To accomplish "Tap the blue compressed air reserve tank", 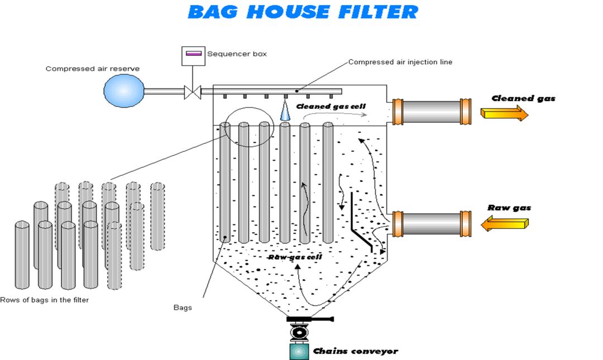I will coord(124,91).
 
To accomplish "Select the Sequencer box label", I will coord(237,54).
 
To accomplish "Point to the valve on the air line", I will coord(193,92).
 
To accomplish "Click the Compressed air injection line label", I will coord(400,62).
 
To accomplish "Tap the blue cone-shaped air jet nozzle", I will coord(285,112).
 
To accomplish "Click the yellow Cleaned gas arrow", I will coord(504,113).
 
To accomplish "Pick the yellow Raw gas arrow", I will coord(504,224).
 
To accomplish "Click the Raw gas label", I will coord(509,208).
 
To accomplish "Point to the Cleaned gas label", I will coord(523,99).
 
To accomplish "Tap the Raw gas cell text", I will coord(295,257).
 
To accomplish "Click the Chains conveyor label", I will coord(355,351).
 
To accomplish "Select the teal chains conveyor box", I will coord(299,351).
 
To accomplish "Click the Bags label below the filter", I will coord(183,308).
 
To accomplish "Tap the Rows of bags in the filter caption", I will coord(45,300).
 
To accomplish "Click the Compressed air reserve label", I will coord(93,69).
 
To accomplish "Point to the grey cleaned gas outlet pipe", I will coord(431,112).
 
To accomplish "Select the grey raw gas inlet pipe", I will coord(431,223).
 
